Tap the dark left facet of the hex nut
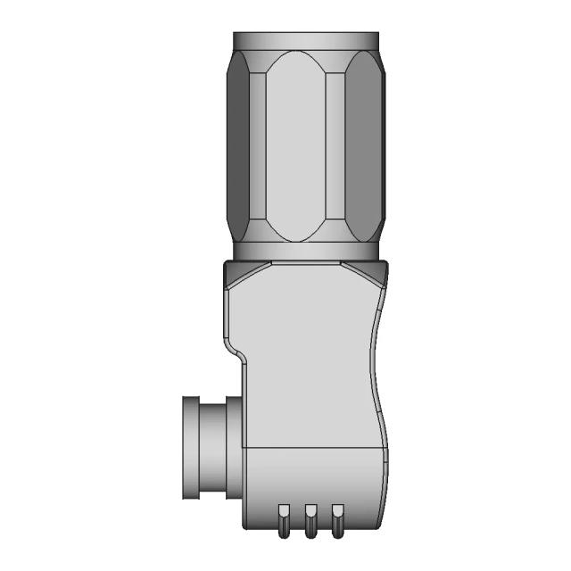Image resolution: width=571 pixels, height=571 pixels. (x=238, y=147)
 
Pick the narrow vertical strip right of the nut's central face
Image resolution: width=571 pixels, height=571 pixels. (x=335, y=147)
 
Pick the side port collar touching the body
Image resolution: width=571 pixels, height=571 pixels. (x=234, y=446)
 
